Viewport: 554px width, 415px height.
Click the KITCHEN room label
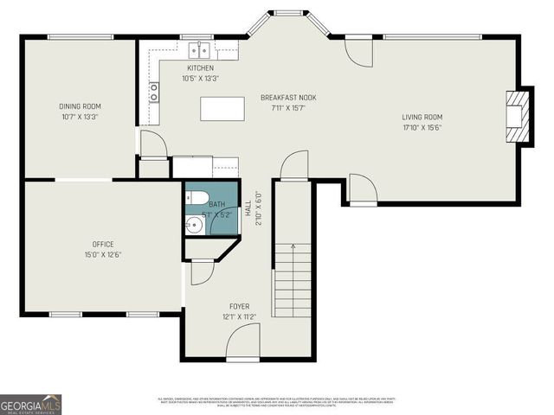point(200,68)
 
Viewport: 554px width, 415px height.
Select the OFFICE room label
point(103,245)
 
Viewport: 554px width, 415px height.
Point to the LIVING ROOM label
point(422,117)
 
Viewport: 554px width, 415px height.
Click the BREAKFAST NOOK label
point(288,98)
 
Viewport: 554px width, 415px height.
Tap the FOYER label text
point(239,307)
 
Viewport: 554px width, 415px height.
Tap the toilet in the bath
point(195,196)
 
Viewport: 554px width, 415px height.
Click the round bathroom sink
point(194,226)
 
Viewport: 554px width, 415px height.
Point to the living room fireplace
point(517,115)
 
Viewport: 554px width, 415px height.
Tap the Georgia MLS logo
point(30,403)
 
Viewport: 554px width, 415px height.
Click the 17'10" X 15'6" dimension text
point(422,127)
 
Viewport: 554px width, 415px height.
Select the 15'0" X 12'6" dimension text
point(103,255)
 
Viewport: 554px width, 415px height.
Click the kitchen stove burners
point(154,92)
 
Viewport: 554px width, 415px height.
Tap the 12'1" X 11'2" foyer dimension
point(239,317)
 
